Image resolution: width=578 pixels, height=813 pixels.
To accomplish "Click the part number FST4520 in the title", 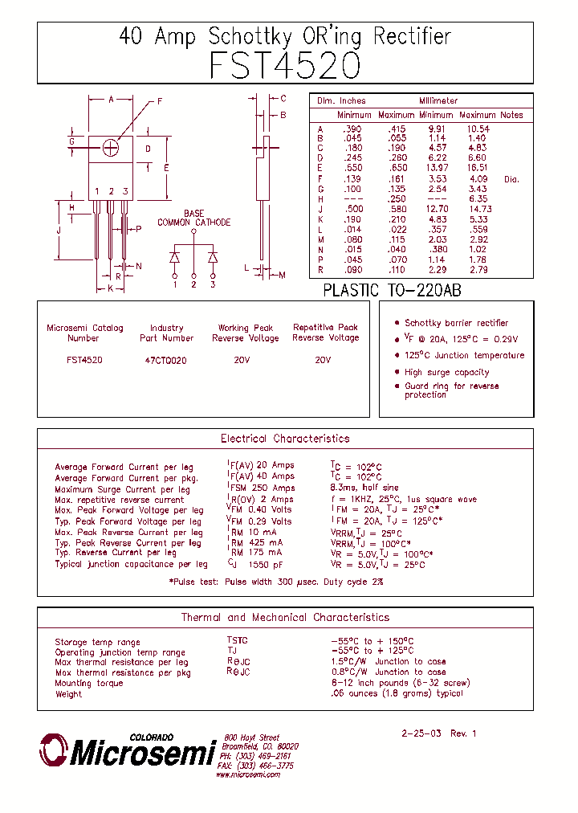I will pyautogui.click(x=285, y=66).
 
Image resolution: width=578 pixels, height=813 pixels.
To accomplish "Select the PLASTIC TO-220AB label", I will pyautogui.click(x=392, y=291).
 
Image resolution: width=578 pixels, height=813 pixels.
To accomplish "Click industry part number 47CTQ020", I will pyautogui.click(x=166, y=361).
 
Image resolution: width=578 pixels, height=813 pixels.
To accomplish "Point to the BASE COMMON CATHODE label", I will pyautogui.click(x=193, y=219).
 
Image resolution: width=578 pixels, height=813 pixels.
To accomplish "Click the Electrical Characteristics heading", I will pyautogui.click(x=285, y=439).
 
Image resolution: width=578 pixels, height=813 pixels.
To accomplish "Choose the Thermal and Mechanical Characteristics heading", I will pyautogui.click(x=285, y=618).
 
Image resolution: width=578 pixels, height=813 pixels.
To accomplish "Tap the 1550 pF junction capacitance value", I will pyautogui.click(x=264, y=565).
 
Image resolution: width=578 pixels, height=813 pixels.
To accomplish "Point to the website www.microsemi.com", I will pyautogui.click(x=248, y=774).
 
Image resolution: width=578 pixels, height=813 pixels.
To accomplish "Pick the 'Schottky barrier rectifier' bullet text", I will pyautogui.click(x=456, y=323).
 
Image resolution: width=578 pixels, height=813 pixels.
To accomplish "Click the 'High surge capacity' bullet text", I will pyautogui.click(x=446, y=373).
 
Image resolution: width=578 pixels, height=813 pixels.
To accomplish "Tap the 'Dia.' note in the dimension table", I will pyautogui.click(x=511, y=179).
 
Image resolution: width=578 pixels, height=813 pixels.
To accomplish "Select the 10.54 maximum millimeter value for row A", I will pyautogui.click(x=477, y=129).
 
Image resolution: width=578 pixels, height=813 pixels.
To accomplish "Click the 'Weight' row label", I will pyautogui.click(x=68, y=694).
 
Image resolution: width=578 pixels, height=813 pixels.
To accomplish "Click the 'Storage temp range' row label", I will pyautogui.click(x=97, y=642).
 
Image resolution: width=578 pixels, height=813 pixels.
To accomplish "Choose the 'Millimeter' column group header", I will pyautogui.click(x=438, y=101).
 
